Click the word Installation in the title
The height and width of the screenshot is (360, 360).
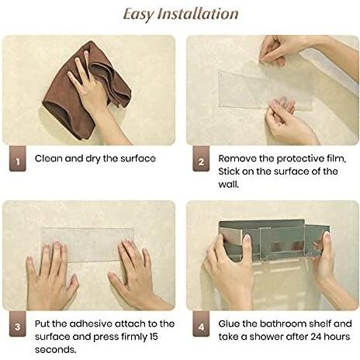(x=198, y=14)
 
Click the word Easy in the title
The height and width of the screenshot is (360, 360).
(x=137, y=15)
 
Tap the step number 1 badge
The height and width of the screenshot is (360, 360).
(x=18, y=158)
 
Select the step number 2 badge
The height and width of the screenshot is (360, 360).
(x=201, y=158)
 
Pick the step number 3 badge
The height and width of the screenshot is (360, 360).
(x=18, y=324)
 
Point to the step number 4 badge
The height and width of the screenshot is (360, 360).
(x=201, y=324)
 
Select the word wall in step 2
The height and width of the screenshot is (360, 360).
(x=228, y=185)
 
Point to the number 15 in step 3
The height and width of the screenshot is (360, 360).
(x=154, y=337)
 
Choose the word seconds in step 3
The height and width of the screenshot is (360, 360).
(x=56, y=350)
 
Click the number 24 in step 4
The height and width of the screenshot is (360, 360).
(x=316, y=337)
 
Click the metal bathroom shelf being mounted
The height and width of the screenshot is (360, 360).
(x=274, y=239)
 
